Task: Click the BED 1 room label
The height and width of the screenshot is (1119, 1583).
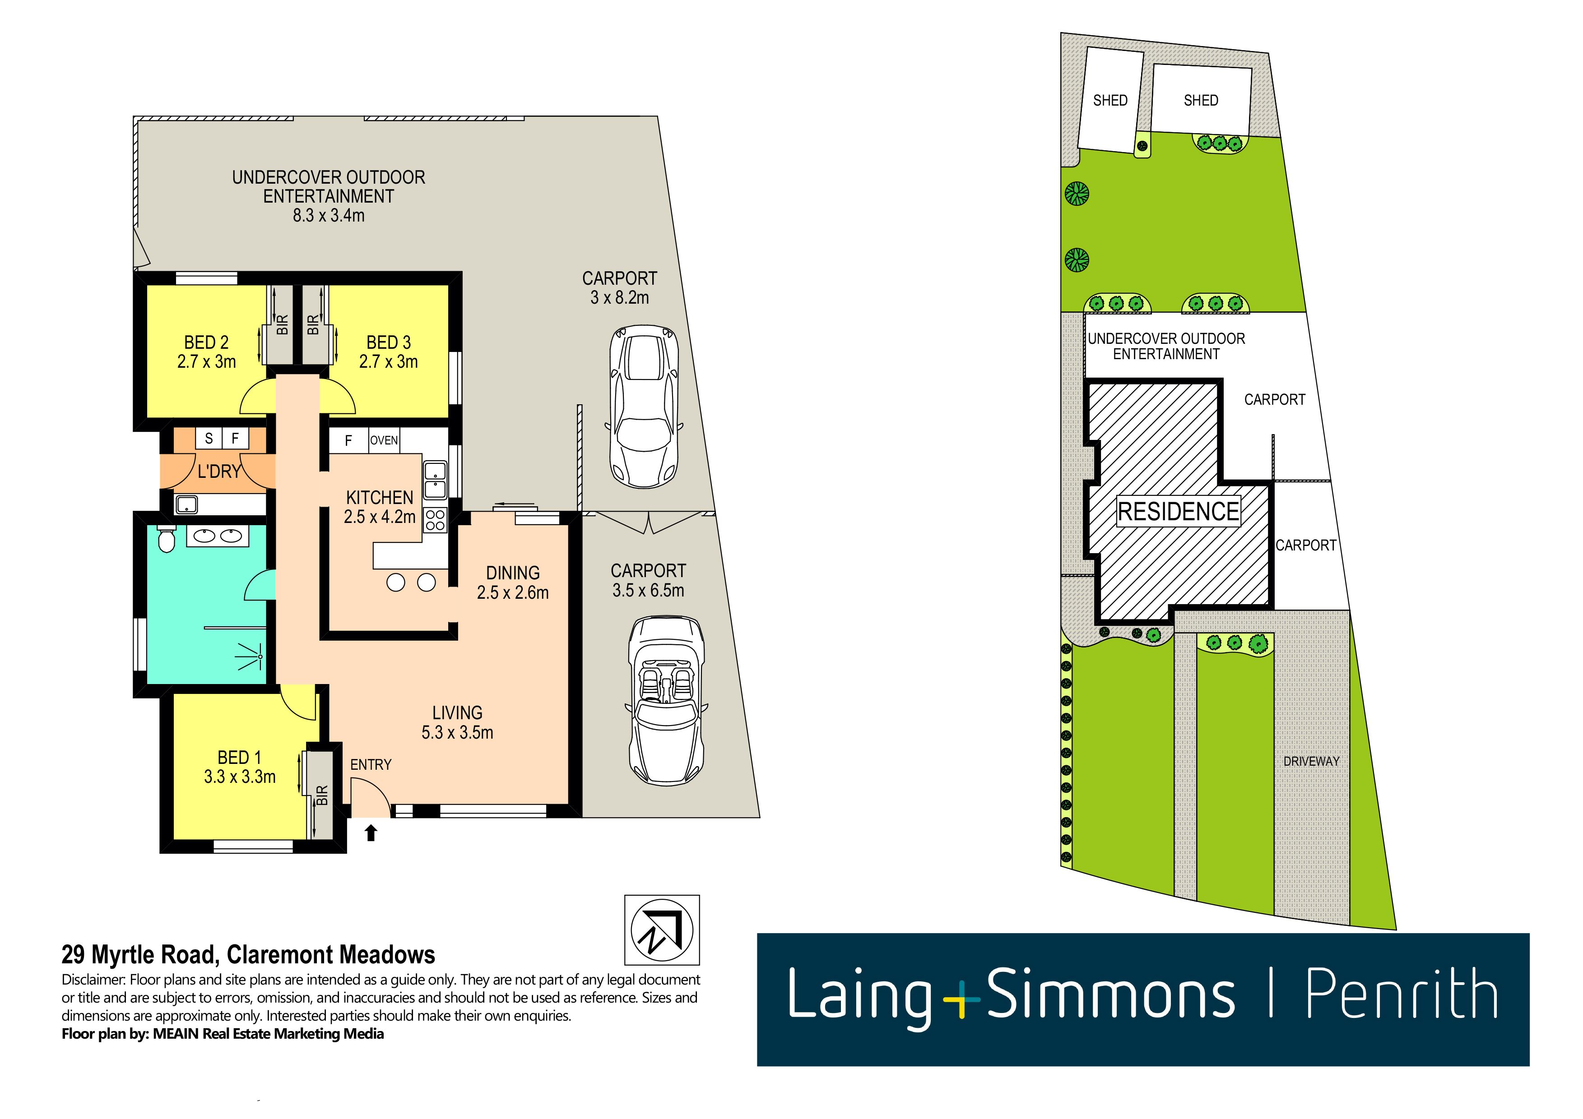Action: point(239,767)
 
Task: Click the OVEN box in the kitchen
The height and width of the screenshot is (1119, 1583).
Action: point(384,440)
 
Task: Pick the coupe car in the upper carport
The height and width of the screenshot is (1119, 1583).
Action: point(644,407)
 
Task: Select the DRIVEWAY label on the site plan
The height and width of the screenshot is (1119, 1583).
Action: point(1311,761)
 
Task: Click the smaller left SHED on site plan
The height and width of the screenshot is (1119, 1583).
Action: point(1110,101)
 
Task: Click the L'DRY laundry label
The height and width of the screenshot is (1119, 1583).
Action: point(218,472)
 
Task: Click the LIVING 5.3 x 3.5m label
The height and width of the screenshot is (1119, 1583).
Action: point(457,722)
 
